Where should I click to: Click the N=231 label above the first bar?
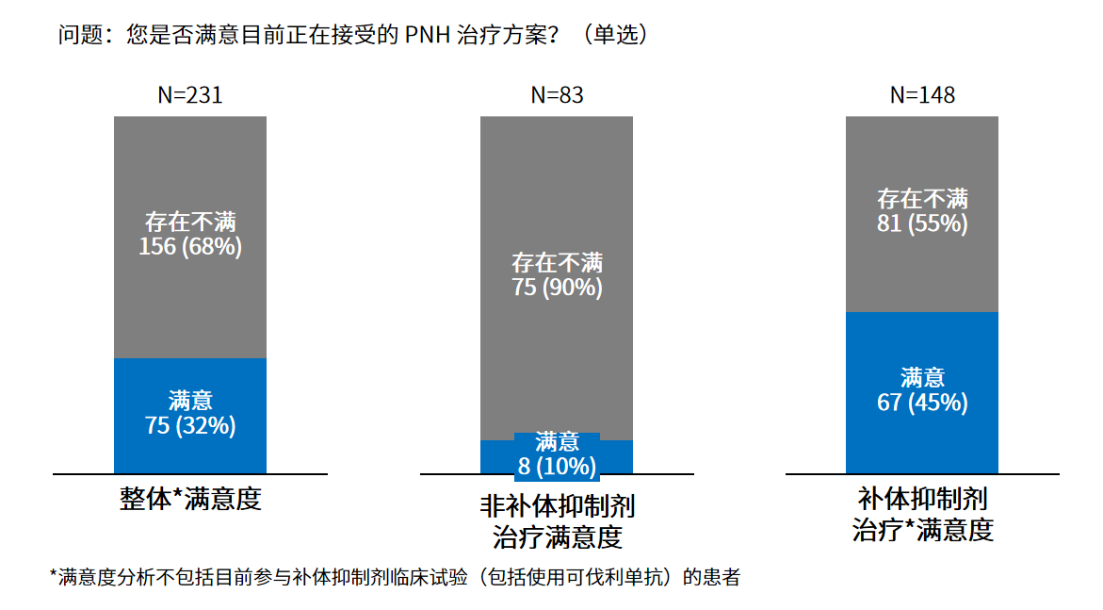tap(190, 95)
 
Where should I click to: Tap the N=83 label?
tap(557, 95)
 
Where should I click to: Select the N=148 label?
tap(922, 95)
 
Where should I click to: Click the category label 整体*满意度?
tap(190, 499)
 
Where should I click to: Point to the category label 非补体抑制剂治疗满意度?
tap(557, 521)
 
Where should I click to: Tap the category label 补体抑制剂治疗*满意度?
tap(922, 514)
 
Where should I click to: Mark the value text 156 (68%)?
tap(190, 247)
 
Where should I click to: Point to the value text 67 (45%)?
tap(922, 403)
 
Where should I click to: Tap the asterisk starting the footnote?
tap(53, 574)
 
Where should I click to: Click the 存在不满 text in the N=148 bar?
tap(922, 199)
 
